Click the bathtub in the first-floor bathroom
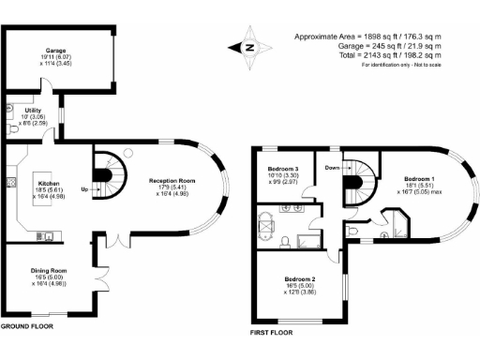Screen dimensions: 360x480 267,230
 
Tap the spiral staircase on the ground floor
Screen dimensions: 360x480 111,170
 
